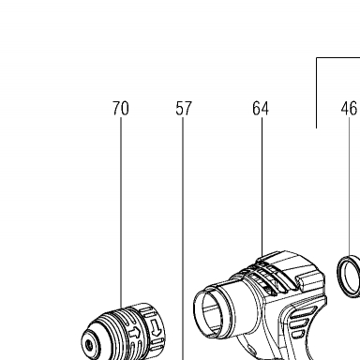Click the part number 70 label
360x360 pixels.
121,109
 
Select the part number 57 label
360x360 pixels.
183,109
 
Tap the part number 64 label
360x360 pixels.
261,109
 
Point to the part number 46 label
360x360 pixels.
349,109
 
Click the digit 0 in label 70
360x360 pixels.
125,109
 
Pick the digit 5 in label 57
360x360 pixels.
179,109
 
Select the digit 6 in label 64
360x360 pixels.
257,109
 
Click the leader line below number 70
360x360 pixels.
121,213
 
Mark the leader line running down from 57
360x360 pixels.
183,239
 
